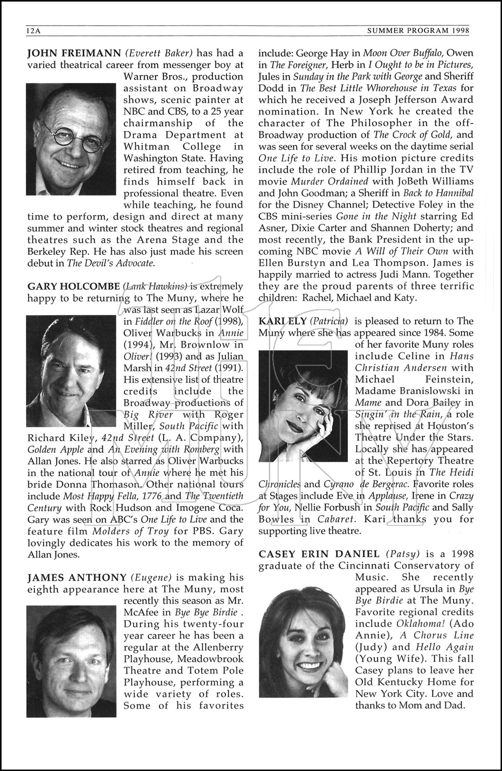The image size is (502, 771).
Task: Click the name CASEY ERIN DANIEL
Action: click(x=319, y=554)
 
